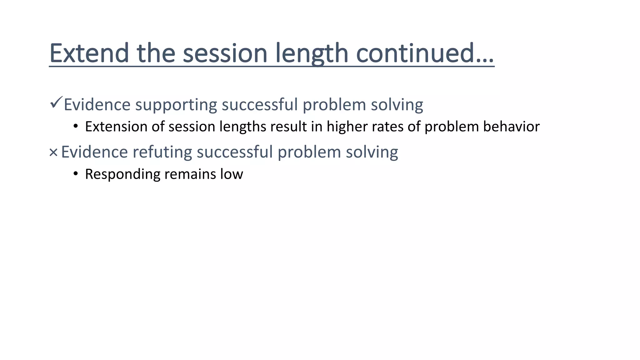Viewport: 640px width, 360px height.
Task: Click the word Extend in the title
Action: (x=89, y=53)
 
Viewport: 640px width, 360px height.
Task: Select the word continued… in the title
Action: (x=425, y=53)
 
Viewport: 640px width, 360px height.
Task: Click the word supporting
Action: (x=176, y=105)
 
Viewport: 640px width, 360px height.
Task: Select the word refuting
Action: (x=162, y=152)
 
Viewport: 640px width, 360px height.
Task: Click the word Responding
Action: (x=122, y=174)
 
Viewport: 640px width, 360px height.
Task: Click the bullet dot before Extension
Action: (x=75, y=127)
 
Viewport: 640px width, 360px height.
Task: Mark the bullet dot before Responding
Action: (x=75, y=174)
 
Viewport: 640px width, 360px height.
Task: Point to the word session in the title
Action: (x=225, y=53)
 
